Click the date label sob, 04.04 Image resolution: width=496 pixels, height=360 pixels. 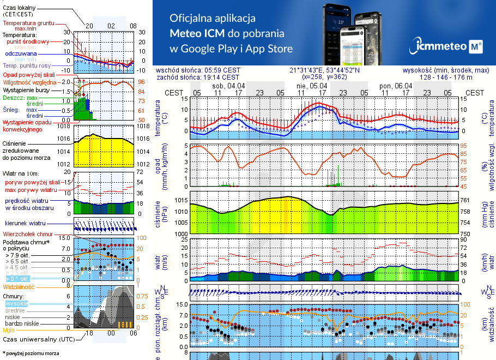[x=229, y=86]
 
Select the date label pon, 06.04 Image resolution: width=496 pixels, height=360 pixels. [x=396, y=86]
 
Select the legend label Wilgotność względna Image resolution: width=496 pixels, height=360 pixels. [x=26, y=82]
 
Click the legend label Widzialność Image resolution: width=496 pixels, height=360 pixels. [x=19, y=286]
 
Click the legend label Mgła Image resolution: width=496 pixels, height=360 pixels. [x=9, y=330]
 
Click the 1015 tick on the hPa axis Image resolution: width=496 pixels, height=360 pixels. [x=181, y=201]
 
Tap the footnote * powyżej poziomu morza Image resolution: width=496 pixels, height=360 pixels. [x=31, y=353]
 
